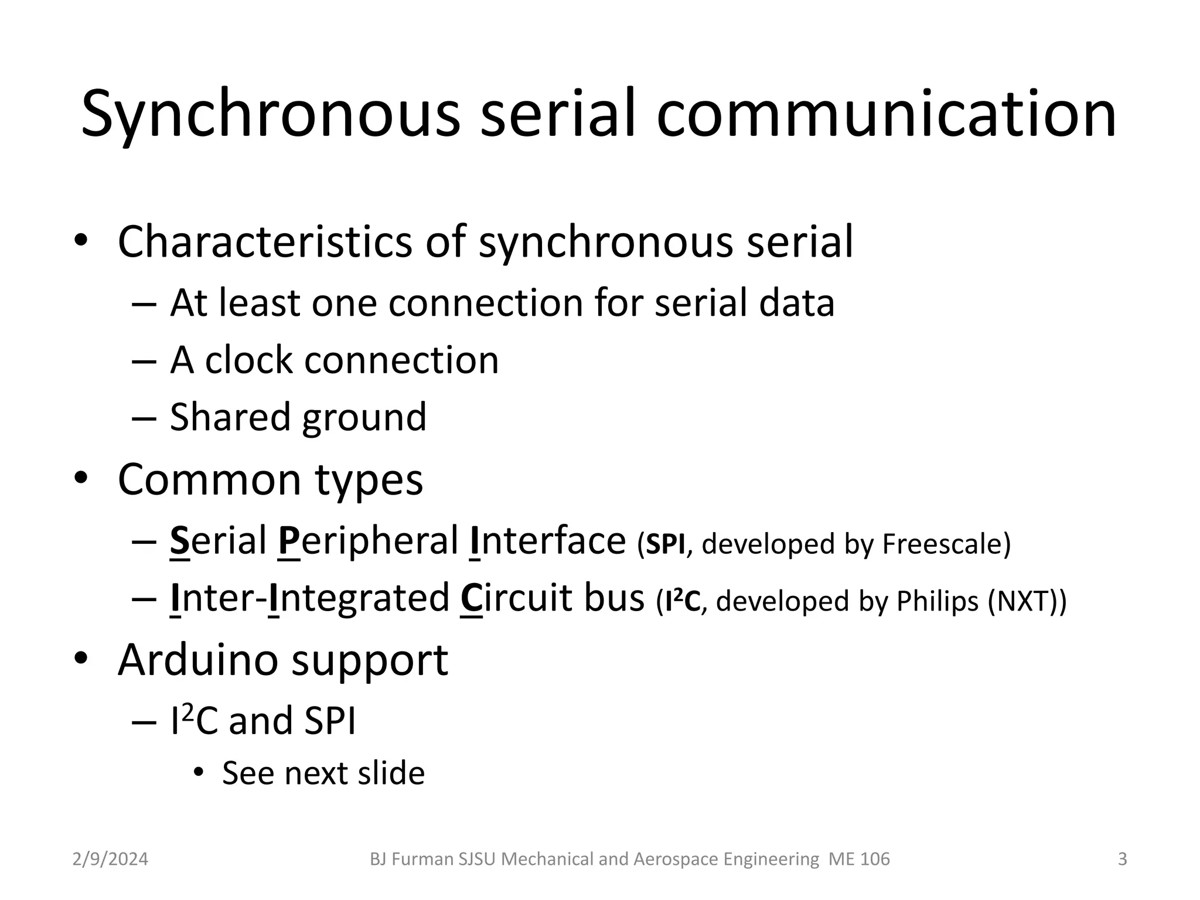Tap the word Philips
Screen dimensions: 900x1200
pyautogui.click(x=938, y=601)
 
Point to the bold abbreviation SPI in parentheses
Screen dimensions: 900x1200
pyautogui.click(x=664, y=545)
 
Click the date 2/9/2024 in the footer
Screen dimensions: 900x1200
pyautogui.click(x=110, y=859)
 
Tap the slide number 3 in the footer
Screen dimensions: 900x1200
pyautogui.click(x=1122, y=859)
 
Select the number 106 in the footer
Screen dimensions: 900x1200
pyautogui.click(x=875, y=859)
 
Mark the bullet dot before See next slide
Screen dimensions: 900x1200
pyautogui.click(x=199, y=772)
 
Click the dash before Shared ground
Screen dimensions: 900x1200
pyautogui.click(x=144, y=418)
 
